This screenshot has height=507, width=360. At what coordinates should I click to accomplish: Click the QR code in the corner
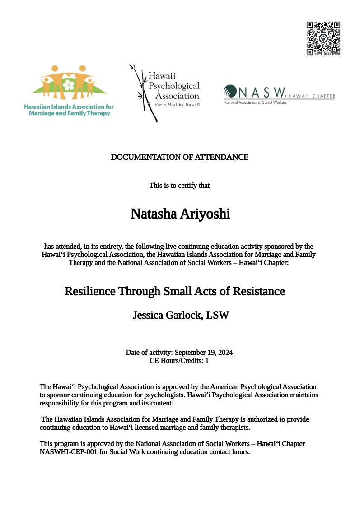(323, 38)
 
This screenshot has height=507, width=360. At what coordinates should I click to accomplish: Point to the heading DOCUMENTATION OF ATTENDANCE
(180, 157)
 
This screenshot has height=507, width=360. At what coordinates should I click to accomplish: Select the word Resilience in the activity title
(90, 291)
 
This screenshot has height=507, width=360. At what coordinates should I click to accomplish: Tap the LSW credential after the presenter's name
(217, 315)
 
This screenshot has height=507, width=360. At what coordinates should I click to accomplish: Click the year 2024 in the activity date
(224, 352)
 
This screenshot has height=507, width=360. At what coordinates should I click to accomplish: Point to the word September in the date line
(190, 352)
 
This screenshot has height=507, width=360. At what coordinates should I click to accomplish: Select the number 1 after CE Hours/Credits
(207, 361)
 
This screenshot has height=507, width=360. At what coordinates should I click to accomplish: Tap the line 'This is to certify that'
(180, 185)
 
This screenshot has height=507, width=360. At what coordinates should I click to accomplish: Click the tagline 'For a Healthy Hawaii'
(177, 104)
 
